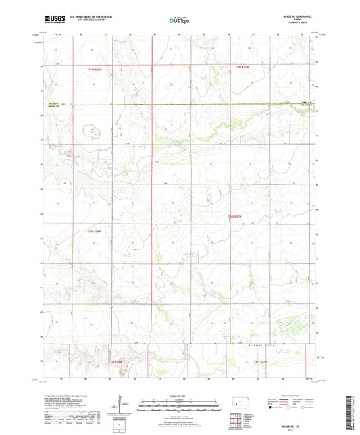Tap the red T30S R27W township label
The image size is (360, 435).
click(235, 216)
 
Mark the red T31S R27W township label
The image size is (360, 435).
click(261, 362)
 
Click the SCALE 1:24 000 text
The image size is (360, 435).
click(179, 395)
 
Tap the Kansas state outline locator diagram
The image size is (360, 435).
click(238, 404)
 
